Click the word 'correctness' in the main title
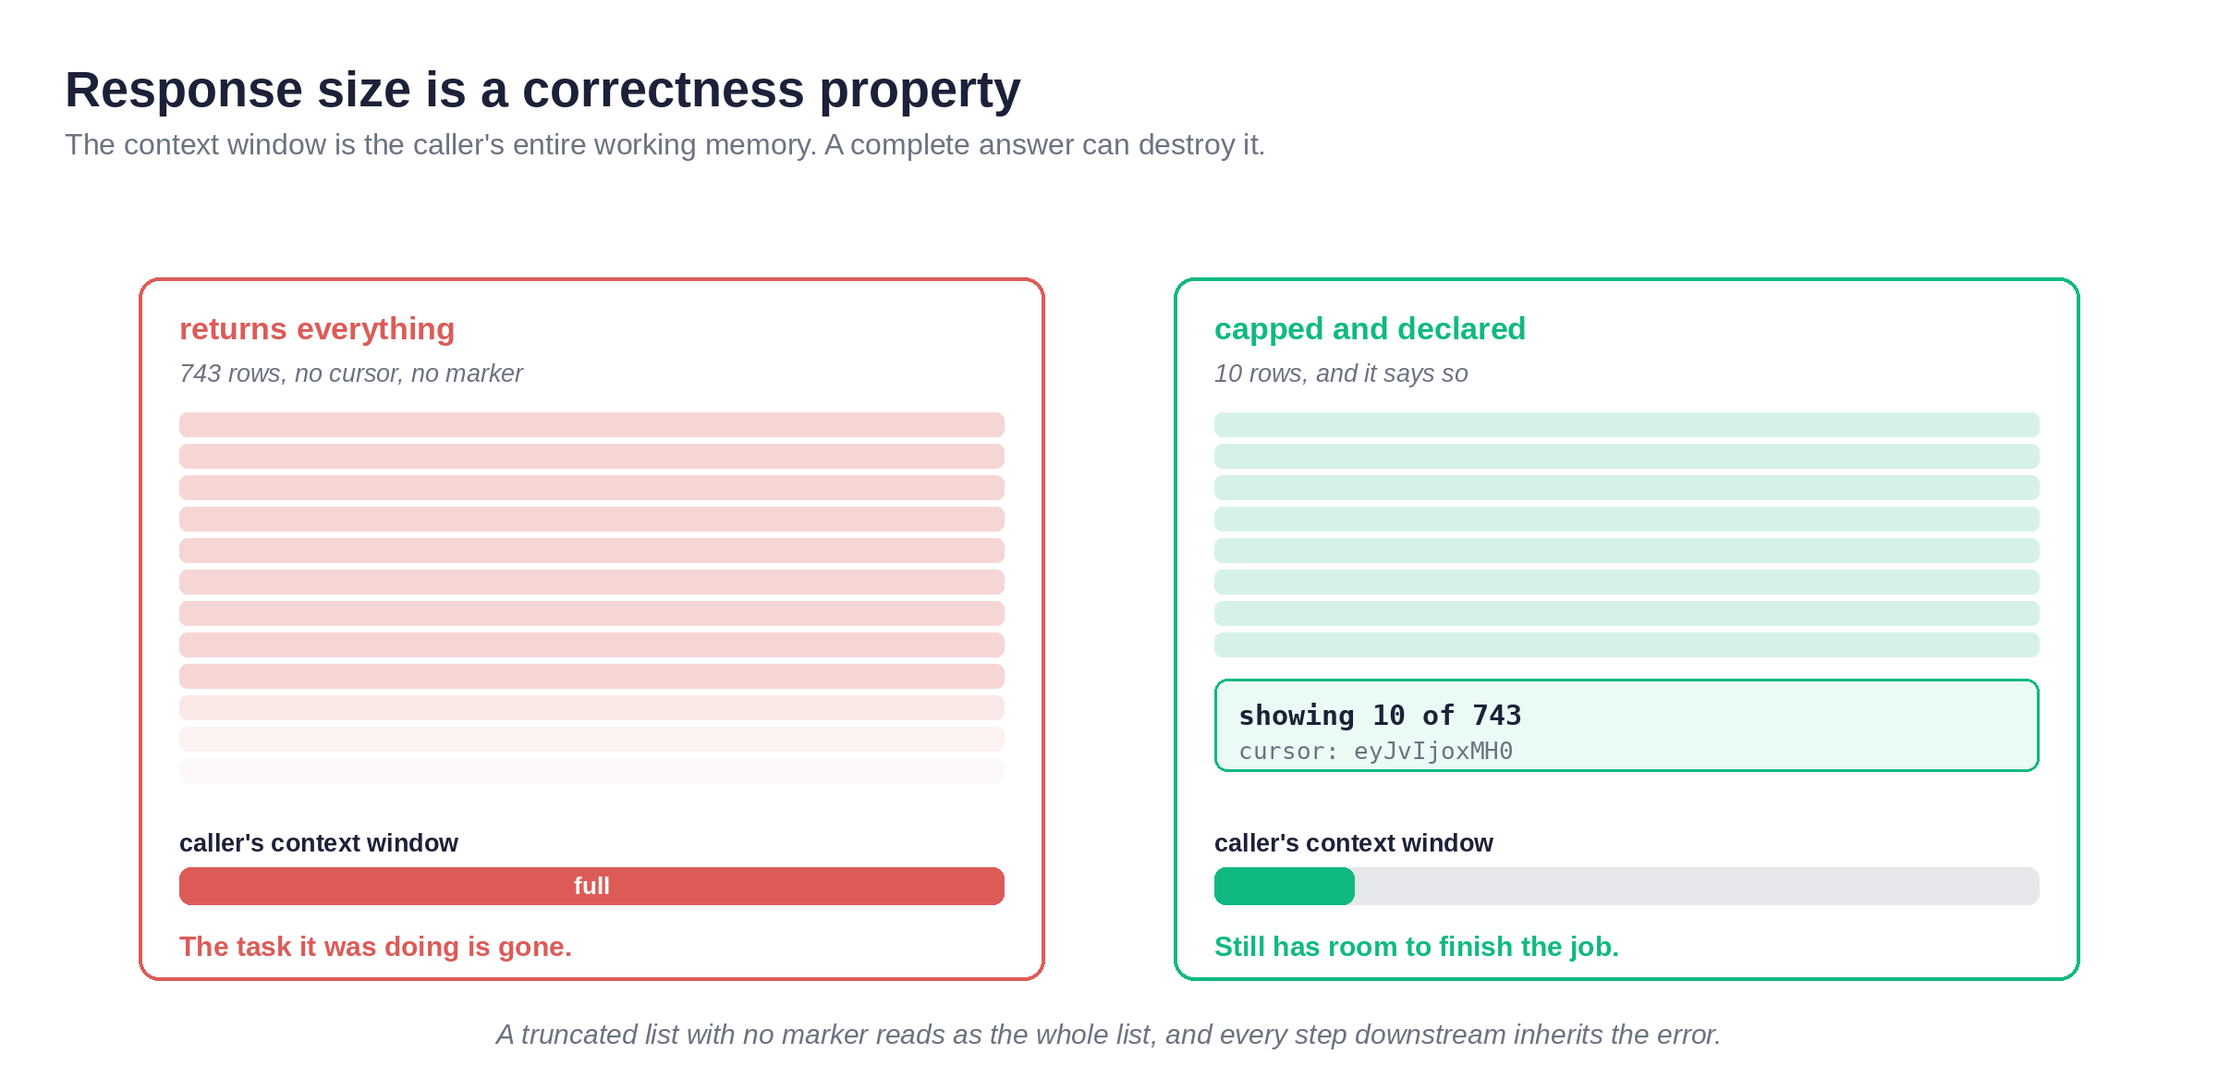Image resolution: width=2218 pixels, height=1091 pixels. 664,91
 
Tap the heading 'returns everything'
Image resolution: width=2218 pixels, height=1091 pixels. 317,329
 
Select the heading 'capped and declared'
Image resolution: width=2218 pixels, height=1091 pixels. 1370,329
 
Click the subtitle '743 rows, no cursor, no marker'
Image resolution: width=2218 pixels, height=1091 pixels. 351,374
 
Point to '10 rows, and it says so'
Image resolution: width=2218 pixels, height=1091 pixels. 1341,374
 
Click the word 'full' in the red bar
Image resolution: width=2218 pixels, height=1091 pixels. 591,886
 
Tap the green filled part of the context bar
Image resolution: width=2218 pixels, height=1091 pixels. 1285,886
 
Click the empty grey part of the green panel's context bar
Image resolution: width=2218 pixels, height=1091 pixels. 1697,886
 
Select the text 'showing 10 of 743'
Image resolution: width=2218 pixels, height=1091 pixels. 1380,716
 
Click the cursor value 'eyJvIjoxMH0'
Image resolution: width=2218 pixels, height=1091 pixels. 1433,752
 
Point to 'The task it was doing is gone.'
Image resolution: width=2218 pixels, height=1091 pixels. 375,947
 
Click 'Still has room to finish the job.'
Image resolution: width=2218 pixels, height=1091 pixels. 1417,947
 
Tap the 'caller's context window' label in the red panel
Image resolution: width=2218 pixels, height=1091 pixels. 319,843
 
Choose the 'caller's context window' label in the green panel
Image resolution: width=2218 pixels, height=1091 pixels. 1354,843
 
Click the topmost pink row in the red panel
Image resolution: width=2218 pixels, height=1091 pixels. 591,424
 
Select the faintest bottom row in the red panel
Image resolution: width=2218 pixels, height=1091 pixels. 591,770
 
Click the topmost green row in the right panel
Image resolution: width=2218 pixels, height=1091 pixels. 1627,424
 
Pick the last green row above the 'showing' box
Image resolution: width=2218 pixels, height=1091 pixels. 1627,644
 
